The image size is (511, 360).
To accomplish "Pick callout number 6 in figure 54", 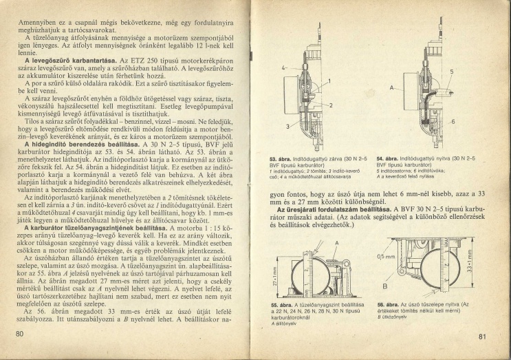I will click(x=454, y=121).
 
